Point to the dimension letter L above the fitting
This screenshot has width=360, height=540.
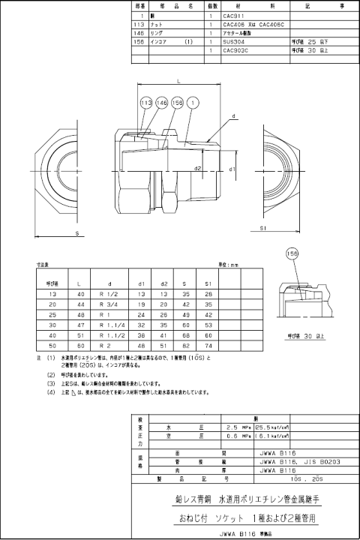coord(178,79)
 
